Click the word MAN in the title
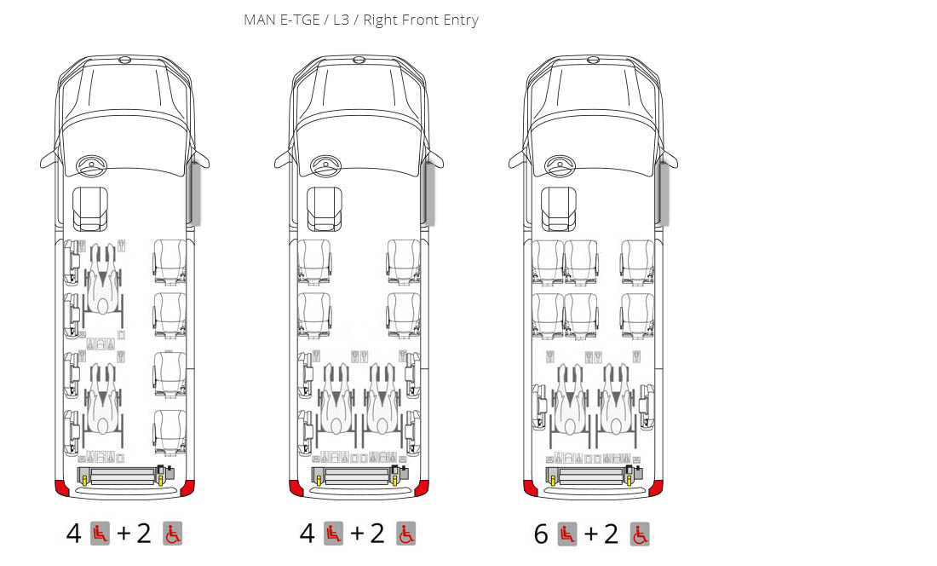(x=259, y=20)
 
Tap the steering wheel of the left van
(x=91, y=165)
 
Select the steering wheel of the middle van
(x=325, y=165)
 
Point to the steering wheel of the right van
(x=560, y=165)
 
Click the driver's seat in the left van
(x=90, y=209)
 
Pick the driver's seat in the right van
(x=559, y=209)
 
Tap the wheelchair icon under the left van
(x=173, y=534)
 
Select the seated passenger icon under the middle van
(x=333, y=534)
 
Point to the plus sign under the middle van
(x=357, y=533)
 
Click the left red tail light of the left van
(x=61, y=487)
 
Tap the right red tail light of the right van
(x=656, y=488)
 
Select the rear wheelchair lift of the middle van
(x=360, y=476)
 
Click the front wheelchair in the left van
(x=103, y=280)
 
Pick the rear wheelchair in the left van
(x=103, y=400)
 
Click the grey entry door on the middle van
(x=428, y=193)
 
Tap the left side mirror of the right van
(x=518, y=159)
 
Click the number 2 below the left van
(x=143, y=533)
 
